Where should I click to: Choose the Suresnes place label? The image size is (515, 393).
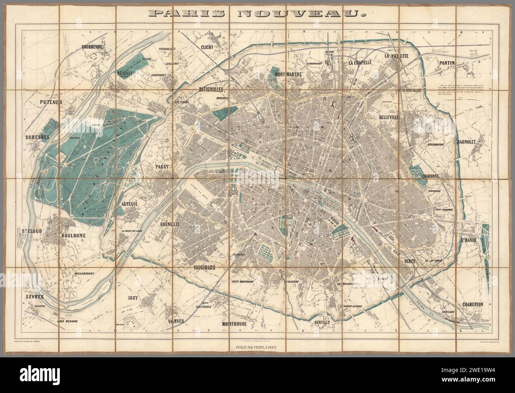(x=37, y=137)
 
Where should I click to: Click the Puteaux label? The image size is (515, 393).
(x=52, y=102)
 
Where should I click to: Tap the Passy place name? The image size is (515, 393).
(x=162, y=167)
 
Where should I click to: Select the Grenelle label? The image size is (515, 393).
(x=170, y=224)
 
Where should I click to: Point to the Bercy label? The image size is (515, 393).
(x=409, y=261)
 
